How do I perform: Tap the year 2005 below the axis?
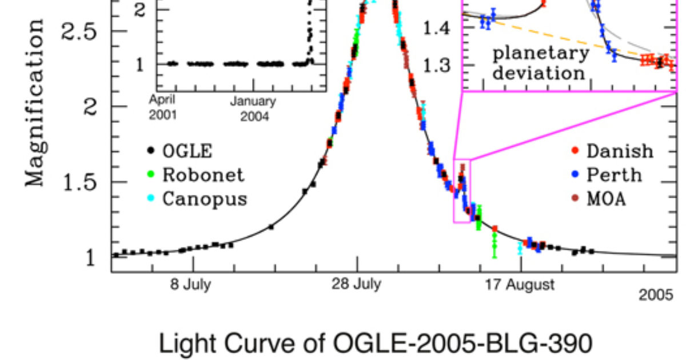click(656, 295)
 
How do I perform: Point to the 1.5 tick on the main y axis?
click(86, 182)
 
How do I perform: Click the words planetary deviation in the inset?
click(540, 63)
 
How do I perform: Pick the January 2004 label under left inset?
click(253, 109)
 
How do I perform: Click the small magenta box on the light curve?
click(462, 191)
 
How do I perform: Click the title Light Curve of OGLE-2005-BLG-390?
click(375, 343)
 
